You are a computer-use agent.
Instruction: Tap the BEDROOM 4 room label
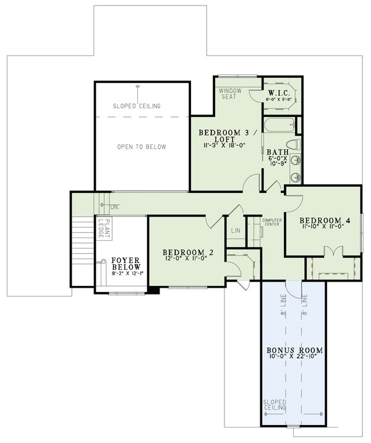(325, 220)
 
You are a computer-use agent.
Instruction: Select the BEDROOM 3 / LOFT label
(225, 137)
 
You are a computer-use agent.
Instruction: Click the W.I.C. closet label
(280, 90)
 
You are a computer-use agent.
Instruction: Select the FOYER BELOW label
(126, 264)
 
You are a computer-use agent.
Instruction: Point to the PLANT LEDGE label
(105, 229)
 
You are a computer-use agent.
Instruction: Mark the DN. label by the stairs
(114, 207)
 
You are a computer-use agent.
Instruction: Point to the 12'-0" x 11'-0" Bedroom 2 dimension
(187, 260)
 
